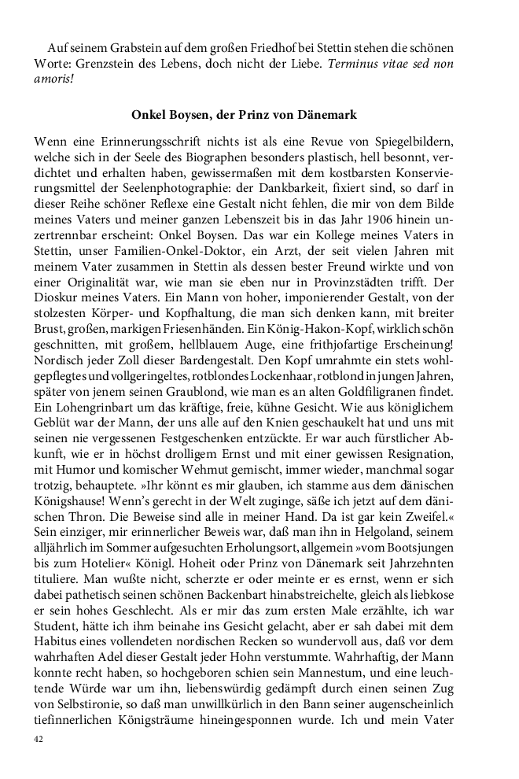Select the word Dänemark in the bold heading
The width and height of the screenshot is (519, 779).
pyautogui.click(x=328, y=115)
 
